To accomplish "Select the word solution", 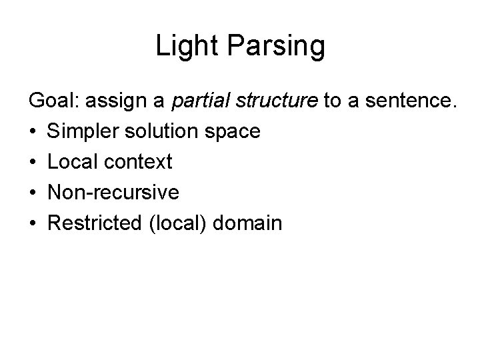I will pos(158,132).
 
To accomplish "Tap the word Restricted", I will pos(94,223).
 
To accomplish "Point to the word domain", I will pos(249,223).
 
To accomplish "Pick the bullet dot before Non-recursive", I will pos(33,193).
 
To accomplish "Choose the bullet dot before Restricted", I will pos(33,223).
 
